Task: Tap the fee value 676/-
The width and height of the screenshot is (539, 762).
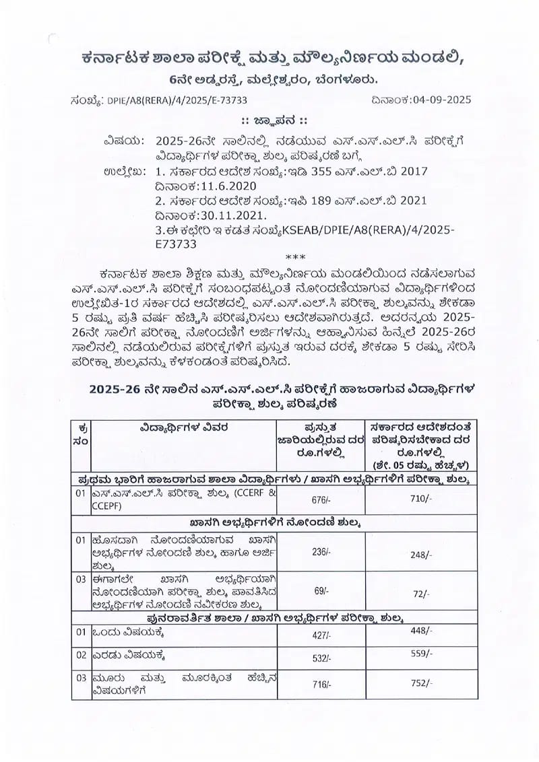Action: click(320, 499)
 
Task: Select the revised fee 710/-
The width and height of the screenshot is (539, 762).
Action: click(420, 498)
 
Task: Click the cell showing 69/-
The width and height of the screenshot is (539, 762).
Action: click(321, 590)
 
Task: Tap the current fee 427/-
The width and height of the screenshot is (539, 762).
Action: click(321, 635)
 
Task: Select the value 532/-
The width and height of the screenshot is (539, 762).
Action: click(321, 658)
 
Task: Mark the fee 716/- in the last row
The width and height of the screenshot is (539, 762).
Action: click(320, 685)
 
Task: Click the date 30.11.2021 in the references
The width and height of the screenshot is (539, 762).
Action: click(226, 215)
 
